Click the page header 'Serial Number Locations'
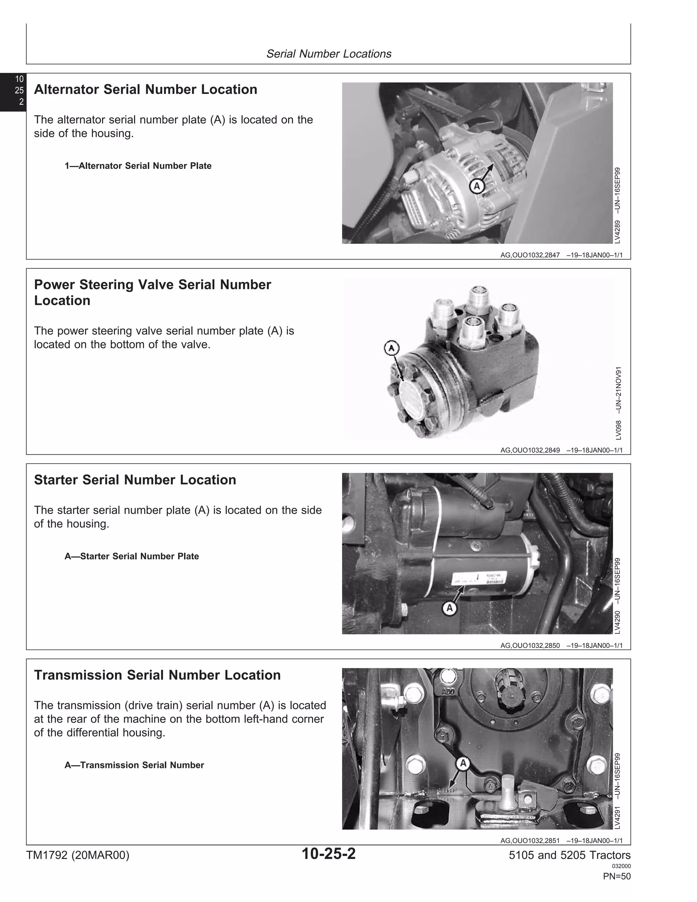[329, 54]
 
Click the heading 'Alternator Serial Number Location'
[145, 90]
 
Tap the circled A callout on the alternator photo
[477, 186]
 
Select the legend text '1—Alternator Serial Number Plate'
[138, 166]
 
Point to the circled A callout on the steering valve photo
[391, 348]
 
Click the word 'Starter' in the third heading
[56, 480]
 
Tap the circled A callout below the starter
[450, 608]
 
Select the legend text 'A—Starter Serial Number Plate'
[132, 556]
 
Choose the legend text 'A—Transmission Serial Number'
[134, 765]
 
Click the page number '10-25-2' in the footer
[329, 854]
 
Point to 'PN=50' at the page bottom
[617, 876]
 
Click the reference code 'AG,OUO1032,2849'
[530, 450]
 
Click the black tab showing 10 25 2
[13, 91]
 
